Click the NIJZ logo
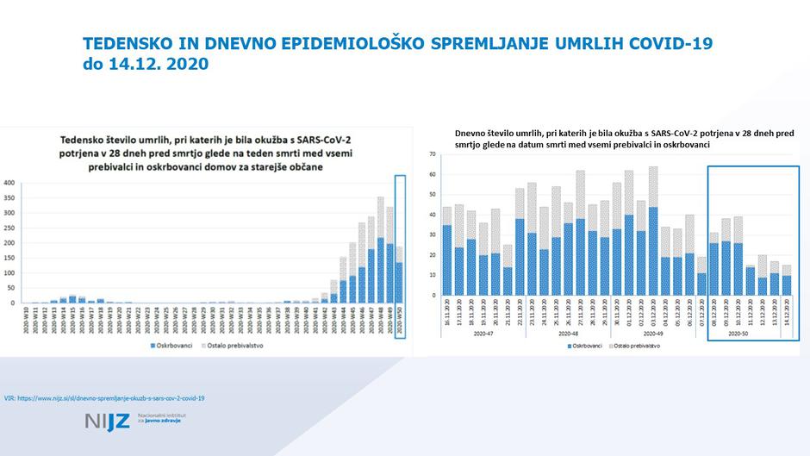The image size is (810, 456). (x=109, y=422)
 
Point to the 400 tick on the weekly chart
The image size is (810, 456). (x=9, y=183)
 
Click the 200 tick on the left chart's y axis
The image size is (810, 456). (x=9, y=243)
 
